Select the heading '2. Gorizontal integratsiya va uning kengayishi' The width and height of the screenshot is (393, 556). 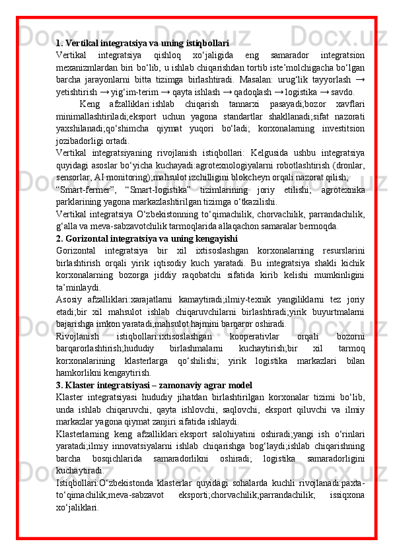146,238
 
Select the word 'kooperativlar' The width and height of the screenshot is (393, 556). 245,337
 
